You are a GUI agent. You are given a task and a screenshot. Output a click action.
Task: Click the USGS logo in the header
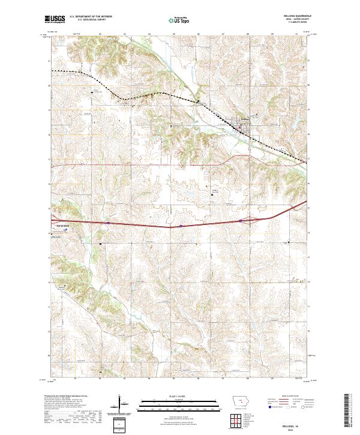coord(55,19)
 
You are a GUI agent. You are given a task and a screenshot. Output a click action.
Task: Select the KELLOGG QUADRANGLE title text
coord(295,16)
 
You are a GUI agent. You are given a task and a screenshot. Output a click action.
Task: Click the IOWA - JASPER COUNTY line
coord(295,20)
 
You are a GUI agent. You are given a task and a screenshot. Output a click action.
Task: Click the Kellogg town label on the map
coord(244,119)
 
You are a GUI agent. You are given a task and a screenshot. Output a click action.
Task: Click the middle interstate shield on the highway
coord(180,226)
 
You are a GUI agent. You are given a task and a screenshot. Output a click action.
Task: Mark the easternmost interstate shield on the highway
coord(240,221)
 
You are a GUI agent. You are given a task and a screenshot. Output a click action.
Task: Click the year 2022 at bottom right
coord(295,428)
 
